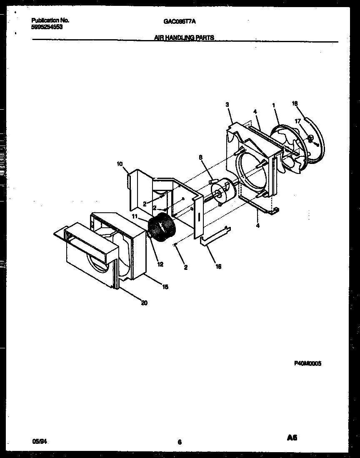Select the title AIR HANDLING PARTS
pyautogui.click(x=184, y=38)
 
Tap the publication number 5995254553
pyautogui.click(x=47, y=26)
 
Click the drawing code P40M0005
pyautogui.click(x=308, y=363)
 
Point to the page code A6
pyautogui.click(x=292, y=438)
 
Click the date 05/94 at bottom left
pyautogui.click(x=38, y=440)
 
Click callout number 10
pyautogui.click(x=120, y=164)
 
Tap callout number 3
pyautogui.click(x=227, y=105)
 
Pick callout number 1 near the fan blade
pyautogui.click(x=274, y=106)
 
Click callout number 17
pyautogui.click(x=298, y=121)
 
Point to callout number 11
pyautogui.click(x=135, y=216)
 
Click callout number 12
pyautogui.click(x=160, y=264)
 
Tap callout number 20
pyautogui.click(x=144, y=303)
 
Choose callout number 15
pyautogui.click(x=165, y=287)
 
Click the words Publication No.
pyautogui.click(x=50, y=20)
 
